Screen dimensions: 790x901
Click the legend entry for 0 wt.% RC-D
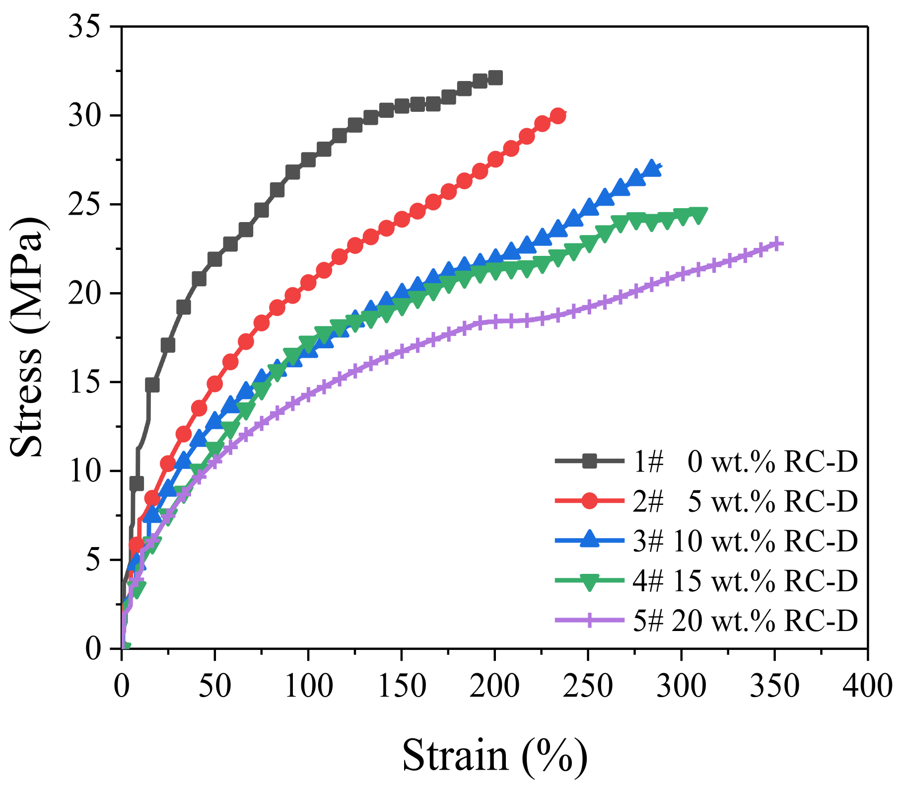coord(745,462)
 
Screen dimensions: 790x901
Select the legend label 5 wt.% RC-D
coord(745,501)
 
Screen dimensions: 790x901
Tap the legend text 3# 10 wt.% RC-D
coord(745,541)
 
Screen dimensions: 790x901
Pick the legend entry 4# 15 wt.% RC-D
coord(745,580)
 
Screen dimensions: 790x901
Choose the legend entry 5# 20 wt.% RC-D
coord(745,620)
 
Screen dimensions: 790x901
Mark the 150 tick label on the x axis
coord(401,687)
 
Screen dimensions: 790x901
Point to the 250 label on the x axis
coord(588,687)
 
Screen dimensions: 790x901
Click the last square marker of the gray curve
coord(495,78)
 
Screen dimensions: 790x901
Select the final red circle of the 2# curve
coord(558,116)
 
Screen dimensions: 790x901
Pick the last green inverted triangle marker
coord(698,216)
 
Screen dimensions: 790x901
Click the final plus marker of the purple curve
coord(777,243)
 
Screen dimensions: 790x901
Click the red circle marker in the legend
coord(589,501)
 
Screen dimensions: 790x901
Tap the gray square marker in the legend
coord(589,461)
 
